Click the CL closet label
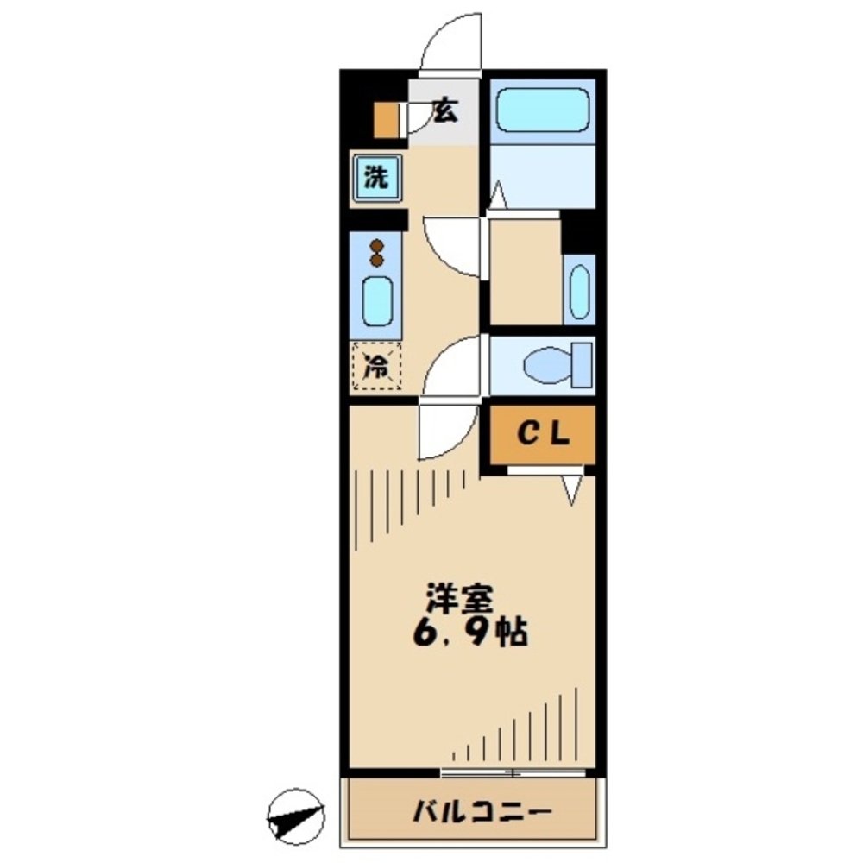point(543,435)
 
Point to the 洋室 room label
point(457,598)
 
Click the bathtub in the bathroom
point(543,110)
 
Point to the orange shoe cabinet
point(385,121)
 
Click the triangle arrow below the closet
point(571,489)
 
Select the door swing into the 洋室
point(447,431)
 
